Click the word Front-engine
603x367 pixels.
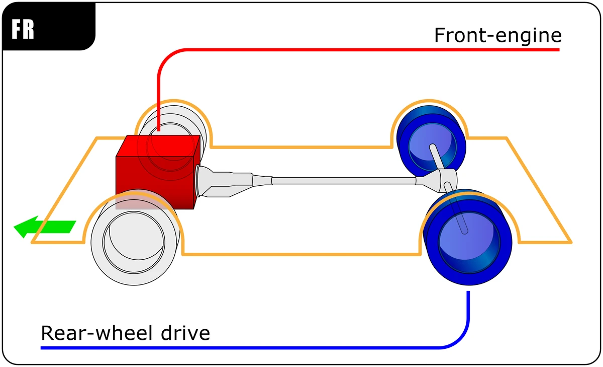coord(497,35)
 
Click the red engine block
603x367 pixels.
coord(151,174)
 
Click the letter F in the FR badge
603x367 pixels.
coord(17,30)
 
